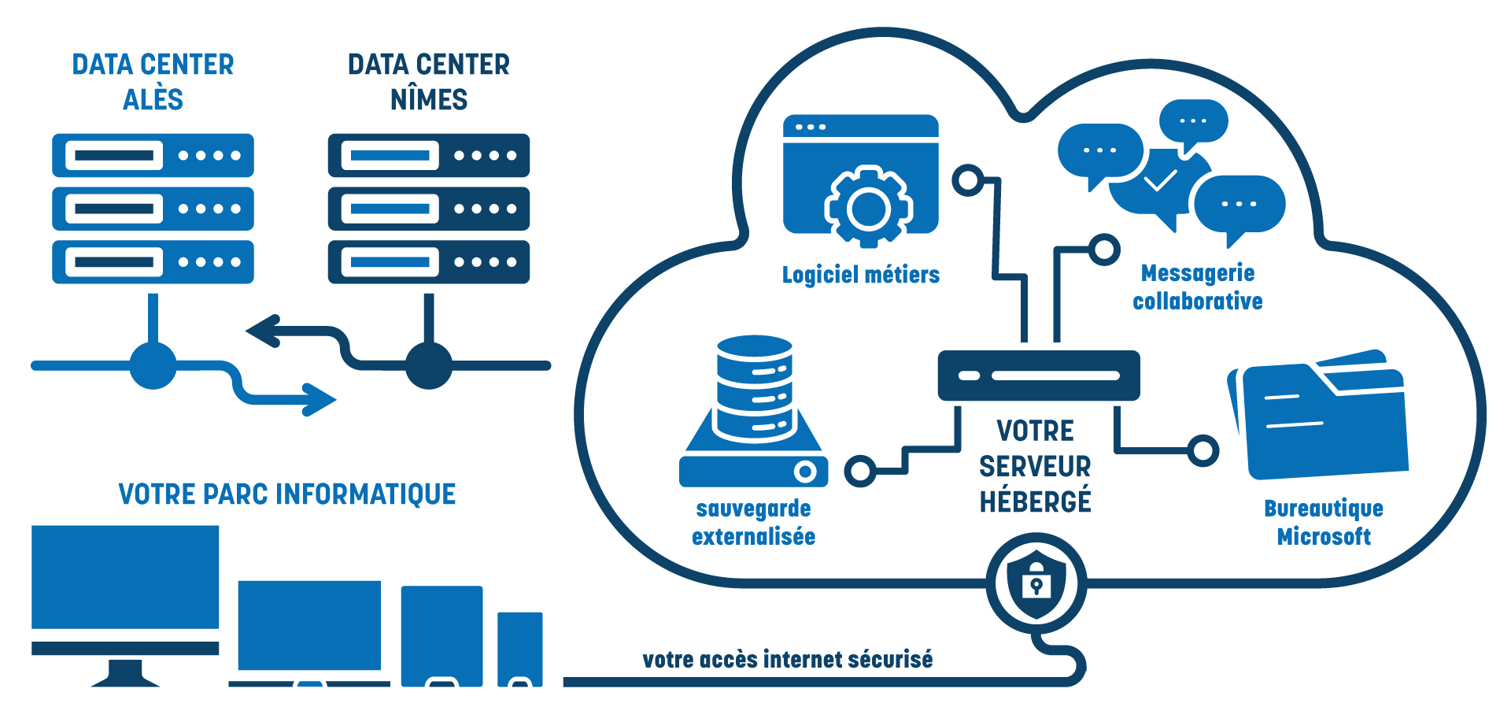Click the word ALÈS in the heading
coord(153,100)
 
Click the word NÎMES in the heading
coord(429,100)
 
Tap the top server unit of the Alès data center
coord(153,155)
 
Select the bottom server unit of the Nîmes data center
coord(428,262)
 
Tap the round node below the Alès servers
coord(153,365)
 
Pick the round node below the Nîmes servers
coord(428,365)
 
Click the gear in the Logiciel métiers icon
coord(868,208)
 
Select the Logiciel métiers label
coord(860,275)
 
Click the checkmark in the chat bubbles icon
coord(1160,182)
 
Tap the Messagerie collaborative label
coord(1198,287)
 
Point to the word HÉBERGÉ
coord(1035,501)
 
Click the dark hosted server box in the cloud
coord(1039,376)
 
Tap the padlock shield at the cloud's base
coord(1036,584)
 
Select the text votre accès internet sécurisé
coord(787,660)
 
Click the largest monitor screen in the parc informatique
coord(125,577)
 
